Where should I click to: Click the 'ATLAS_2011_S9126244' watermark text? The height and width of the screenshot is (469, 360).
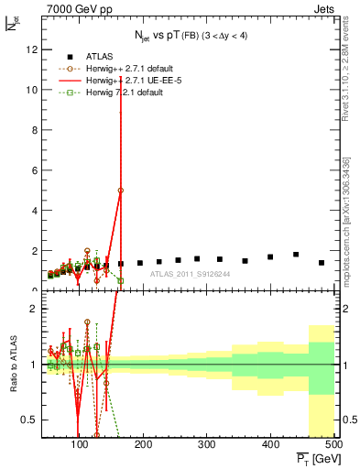coord(189,274)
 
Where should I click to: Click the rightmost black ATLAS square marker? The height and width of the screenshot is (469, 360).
coord(321,263)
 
